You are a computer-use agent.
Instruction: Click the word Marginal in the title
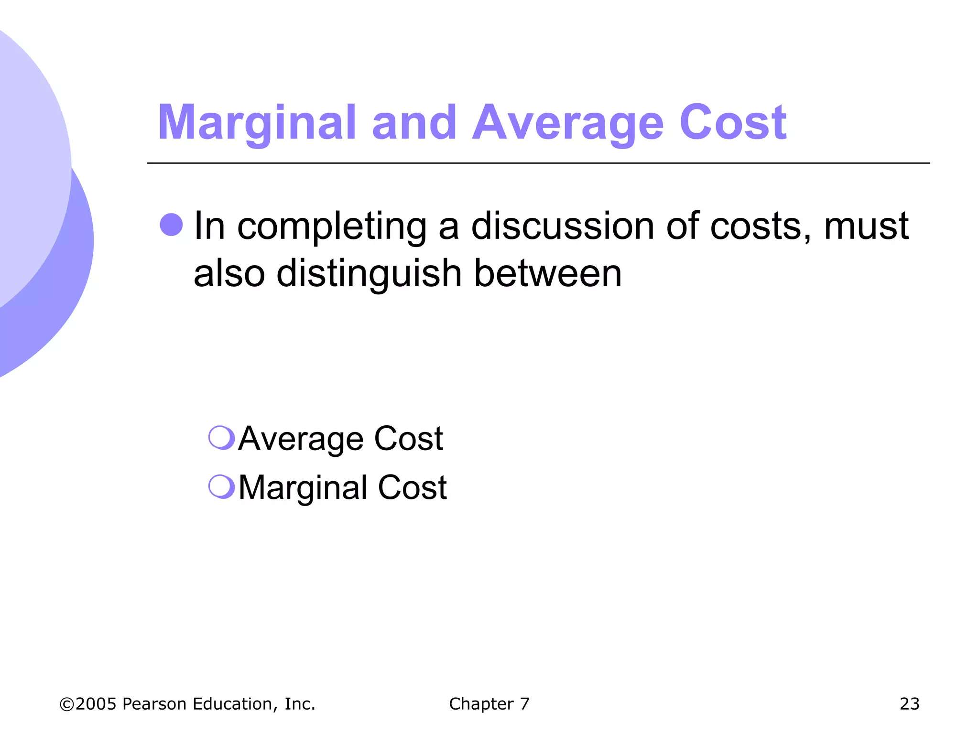click(257, 123)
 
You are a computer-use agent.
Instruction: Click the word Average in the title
click(568, 123)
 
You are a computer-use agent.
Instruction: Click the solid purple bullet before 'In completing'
click(171, 225)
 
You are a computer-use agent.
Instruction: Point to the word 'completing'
click(332, 227)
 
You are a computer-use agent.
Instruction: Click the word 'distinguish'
click(369, 274)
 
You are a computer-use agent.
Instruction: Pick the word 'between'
click(548, 273)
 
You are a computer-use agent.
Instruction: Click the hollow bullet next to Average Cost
click(222, 437)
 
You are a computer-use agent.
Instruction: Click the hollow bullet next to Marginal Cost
click(222, 486)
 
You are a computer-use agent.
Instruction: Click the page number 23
click(909, 704)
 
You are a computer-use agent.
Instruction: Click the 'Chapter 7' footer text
click(489, 704)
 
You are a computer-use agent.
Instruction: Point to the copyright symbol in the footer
click(66, 704)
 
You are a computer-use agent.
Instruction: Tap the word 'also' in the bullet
click(229, 273)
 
